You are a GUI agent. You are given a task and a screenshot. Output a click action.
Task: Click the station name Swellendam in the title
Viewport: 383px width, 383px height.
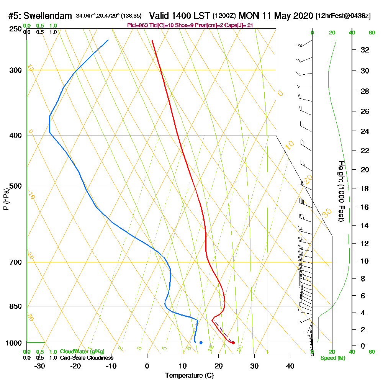click(x=47, y=16)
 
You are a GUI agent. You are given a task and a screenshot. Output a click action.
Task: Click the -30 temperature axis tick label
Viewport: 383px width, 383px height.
click(x=40, y=366)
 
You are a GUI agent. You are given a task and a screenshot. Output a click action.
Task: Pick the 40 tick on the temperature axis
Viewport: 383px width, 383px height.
click(x=290, y=366)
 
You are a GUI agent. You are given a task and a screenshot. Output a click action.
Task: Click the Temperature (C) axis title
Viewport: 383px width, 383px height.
click(x=189, y=375)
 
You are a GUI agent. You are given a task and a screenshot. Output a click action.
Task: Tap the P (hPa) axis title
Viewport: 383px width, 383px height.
click(x=6, y=199)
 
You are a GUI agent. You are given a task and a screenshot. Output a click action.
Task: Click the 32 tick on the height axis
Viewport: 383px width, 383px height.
click(x=365, y=50)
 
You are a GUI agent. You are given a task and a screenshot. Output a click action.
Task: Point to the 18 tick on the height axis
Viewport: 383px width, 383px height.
click(x=365, y=188)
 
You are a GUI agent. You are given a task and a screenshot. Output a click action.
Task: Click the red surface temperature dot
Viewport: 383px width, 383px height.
click(x=233, y=342)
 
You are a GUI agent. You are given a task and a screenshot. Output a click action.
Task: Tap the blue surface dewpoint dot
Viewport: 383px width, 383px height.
click(x=201, y=342)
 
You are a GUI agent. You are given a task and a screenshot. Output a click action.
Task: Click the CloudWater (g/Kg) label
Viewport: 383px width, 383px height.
click(x=82, y=352)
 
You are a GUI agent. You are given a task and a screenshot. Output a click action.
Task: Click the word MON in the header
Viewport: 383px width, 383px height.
click(x=248, y=16)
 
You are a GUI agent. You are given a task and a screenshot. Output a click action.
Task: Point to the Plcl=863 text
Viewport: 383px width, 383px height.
click(x=138, y=25)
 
